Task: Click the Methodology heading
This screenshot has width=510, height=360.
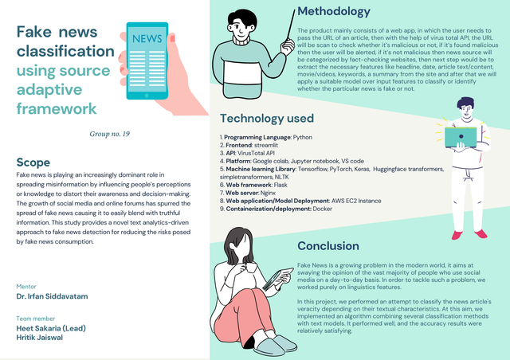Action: pos(333,12)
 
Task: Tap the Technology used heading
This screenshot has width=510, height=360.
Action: pos(267,119)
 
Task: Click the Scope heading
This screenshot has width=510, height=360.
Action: pos(33,162)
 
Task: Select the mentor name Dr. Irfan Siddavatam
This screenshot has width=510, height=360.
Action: pos(53,296)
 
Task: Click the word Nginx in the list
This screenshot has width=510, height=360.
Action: pos(278,191)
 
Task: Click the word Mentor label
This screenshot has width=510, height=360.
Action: pos(25,286)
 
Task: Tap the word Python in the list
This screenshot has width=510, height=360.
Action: pos(302,138)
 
